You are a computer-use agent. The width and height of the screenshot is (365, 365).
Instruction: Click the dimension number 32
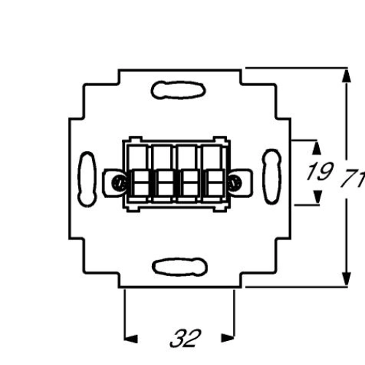click(x=185, y=338)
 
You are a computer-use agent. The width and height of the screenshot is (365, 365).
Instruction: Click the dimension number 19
click(x=320, y=172)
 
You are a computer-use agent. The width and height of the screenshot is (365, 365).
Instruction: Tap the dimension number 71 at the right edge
click(x=353, y=179)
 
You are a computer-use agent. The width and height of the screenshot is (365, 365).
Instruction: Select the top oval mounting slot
click(x=178, y=91)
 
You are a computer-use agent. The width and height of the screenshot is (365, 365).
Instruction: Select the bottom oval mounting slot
click(x=180, y=266)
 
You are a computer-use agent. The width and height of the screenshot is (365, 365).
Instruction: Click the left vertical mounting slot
click(x=87, y=179)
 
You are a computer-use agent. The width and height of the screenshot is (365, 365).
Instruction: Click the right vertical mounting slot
click(x=272, y=177)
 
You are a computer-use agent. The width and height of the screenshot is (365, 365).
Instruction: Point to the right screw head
click(x=234, y=182)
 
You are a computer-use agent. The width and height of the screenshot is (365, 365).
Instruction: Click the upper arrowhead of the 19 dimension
click(x=317, y=148)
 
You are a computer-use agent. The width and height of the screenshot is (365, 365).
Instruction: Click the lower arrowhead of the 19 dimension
click(x=317, y=196)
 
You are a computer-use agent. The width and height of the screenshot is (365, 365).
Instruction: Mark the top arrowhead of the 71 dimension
click(x=346, y=76)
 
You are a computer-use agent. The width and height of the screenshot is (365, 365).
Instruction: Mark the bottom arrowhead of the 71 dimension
click(x=346, y=279)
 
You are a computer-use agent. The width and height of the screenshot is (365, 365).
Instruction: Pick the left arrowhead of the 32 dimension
click(x=131, y=339)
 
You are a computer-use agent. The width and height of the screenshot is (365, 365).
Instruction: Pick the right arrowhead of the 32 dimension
click(x=228, y=338)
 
